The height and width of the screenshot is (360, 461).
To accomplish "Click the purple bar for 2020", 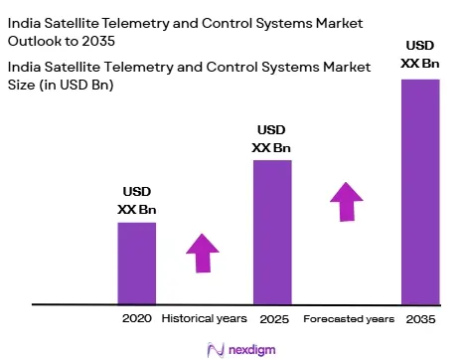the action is click(137, 264).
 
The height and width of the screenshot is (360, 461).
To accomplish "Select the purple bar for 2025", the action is click(272, 232).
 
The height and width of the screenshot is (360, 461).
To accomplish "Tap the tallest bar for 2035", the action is click(420, 192).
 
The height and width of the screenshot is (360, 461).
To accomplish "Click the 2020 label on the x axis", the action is click(137, 318).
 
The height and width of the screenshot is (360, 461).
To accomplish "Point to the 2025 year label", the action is click(274, 319).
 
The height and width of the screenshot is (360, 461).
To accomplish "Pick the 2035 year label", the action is click(420, 319).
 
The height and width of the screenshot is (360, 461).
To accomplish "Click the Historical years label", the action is click(204, 318).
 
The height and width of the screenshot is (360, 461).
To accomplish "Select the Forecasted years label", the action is click(349, 319).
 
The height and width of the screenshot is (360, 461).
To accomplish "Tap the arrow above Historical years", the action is click(203, 254).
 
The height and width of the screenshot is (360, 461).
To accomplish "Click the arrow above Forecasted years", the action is click(347, 202).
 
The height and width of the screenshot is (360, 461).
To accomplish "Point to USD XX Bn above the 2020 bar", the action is click(137, 201).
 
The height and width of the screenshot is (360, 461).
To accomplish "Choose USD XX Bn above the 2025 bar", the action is click(271, 139).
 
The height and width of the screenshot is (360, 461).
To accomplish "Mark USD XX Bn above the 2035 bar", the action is click(420, 55).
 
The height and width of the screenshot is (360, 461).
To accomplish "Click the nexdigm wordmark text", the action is click(252, 350).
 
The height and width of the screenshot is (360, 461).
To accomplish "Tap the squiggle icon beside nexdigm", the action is click(216, 350).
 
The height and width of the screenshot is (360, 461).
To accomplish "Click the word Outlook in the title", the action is click(35, 41).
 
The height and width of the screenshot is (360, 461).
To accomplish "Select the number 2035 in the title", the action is click(98, 41).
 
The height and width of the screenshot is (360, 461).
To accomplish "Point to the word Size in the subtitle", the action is click(22, 85).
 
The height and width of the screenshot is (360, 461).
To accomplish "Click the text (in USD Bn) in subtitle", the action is click(77, 86).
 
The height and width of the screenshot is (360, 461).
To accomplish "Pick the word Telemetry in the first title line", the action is click(135, 23).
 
